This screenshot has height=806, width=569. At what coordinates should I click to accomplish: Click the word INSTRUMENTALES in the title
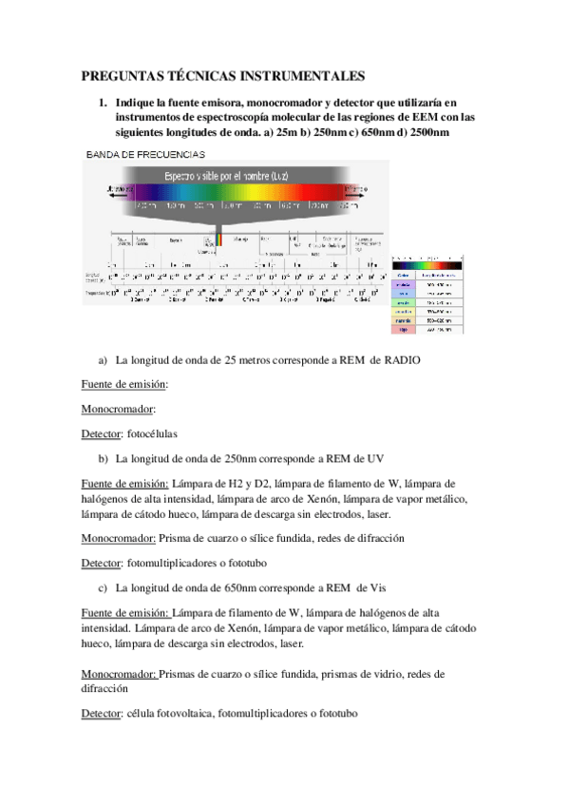point(312,75)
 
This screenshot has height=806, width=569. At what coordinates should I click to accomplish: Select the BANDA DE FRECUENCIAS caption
point(142,152)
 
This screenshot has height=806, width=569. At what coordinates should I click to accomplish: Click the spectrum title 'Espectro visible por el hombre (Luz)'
point(227,177)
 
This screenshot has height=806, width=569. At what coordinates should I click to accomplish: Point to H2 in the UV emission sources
point(236,483)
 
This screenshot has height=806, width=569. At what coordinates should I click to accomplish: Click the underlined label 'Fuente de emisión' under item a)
point(123,384)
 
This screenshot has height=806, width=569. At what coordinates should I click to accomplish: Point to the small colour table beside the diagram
point(427,295)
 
